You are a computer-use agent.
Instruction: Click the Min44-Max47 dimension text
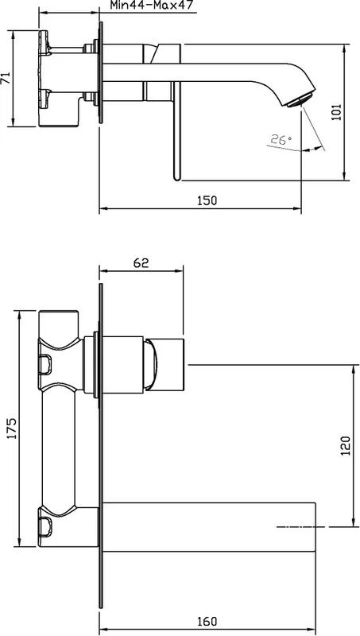tap(152, 5)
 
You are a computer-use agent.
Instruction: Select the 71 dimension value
tap(6, 78)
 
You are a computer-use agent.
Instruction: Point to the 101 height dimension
tap(336, 112)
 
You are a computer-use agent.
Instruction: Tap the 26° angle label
tap(281, 140)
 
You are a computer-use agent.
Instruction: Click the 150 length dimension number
tap(207, 200)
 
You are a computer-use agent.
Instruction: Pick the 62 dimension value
tap(141, 263)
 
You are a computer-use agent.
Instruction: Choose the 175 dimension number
tap(12, 428)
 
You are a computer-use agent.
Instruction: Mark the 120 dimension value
tap(345, 446)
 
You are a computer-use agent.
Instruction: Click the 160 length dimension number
tap(207, 621)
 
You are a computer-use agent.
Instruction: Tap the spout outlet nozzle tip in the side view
tap(301, 101)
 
